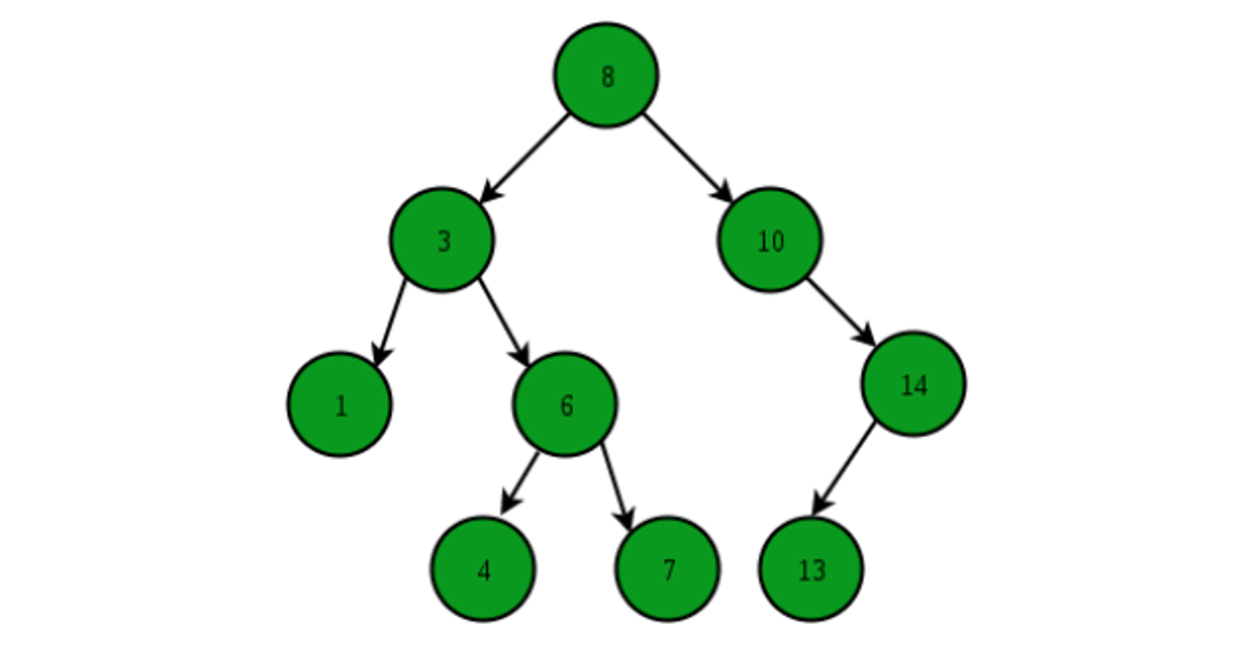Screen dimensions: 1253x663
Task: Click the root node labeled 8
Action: pyautogui.click(x=606, y=75)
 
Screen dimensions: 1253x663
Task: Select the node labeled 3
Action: pyautogui.click(x=441, y=240)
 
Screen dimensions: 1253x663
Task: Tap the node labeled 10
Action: pyautogui.click(x=769, y=240)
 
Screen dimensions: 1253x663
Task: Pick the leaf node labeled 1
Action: pyautogui.click(x=339, y=404)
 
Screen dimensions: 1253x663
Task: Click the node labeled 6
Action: pyautogui.click(x=564, y=404)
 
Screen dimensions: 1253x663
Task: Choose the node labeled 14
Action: pyautogui.click(x=913, y=383)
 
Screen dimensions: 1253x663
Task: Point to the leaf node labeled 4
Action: pyautogui.click(x=483, y=569)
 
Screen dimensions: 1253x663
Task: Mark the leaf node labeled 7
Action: pyautogui.click(x=667, y=569)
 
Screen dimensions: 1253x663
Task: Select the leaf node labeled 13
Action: pyautogui.click(x=811, y=569)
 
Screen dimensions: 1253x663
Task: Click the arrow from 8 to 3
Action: pyautogui.click(x=524, y=158)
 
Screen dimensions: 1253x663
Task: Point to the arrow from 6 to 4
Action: pyautogui.click(x=520, y=482)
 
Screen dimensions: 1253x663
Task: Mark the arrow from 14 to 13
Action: pyautogui.click(x=844, y=468)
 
